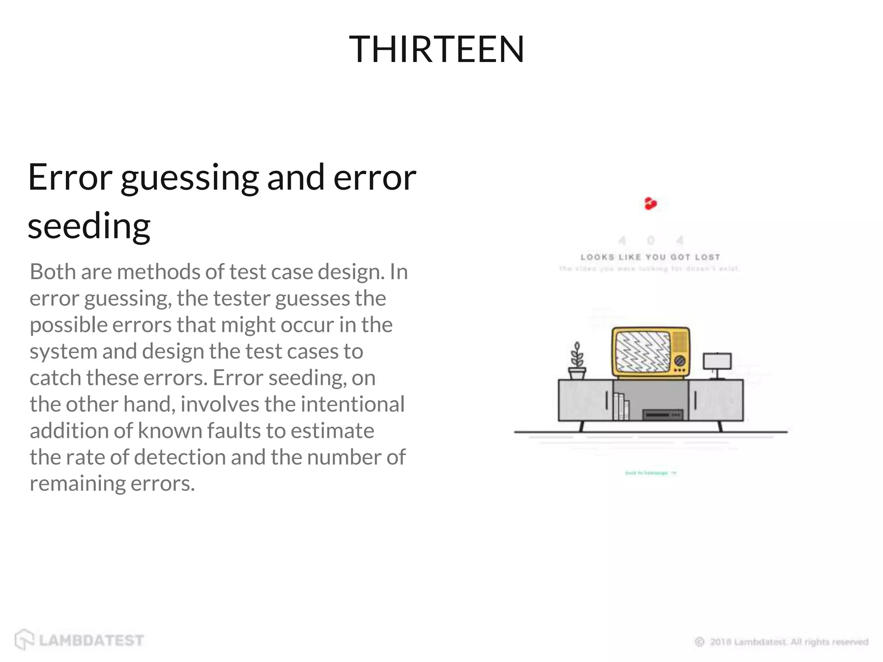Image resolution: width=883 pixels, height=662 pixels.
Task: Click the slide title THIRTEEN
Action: tap(436, 50)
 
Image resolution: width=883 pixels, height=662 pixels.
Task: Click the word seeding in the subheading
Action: tap(89, 226)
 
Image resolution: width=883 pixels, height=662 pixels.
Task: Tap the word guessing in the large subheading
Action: tap(189, 178)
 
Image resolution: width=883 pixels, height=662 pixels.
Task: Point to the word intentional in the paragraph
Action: tap(353, 404)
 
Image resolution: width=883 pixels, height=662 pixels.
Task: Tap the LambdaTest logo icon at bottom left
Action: tap(24, 639)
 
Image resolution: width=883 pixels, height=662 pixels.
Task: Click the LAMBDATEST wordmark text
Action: tap(91, 640)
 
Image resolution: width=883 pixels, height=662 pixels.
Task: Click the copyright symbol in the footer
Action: tap(699, 642)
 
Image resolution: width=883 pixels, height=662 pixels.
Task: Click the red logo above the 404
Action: tap(650, 203)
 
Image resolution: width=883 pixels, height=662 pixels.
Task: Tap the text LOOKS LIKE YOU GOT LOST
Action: tap(650, 257)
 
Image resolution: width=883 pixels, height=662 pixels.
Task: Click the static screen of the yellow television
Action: tap(642, 352)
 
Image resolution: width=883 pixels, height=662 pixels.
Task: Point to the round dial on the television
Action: tap(679, 360)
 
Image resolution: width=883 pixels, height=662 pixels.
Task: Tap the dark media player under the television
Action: tap(663, 415)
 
